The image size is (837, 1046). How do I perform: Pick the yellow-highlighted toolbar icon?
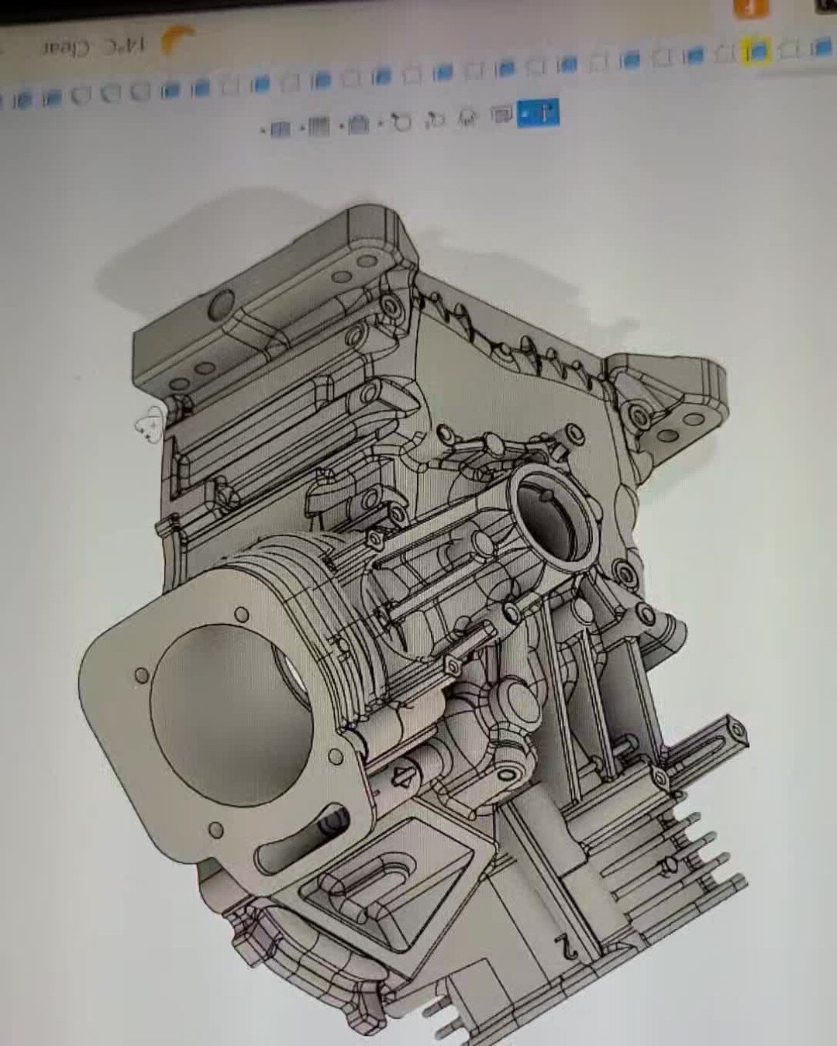coord(756,51)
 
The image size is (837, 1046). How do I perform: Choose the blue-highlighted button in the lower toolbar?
coord(539,113)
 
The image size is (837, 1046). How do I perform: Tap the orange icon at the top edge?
coord(750,8)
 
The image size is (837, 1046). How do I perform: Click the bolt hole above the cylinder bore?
coord(242,615)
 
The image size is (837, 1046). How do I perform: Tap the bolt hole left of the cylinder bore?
coord(141,675)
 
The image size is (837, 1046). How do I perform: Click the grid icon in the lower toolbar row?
coord(319,126)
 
